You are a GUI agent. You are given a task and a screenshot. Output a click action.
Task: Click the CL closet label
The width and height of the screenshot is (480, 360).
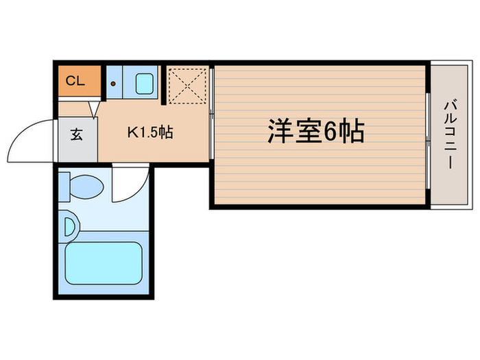click(75, 81)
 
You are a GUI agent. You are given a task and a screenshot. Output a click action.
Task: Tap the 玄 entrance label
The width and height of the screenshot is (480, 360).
click(77, 134)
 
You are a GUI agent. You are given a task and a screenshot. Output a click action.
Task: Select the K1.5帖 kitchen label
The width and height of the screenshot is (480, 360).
click(150, 132)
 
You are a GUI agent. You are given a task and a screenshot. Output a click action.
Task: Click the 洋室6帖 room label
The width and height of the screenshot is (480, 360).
click(316, 131)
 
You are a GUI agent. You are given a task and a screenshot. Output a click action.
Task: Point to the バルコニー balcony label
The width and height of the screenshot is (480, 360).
click(450, 135)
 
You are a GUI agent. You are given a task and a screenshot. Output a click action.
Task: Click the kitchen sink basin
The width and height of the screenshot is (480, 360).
click(145, 84)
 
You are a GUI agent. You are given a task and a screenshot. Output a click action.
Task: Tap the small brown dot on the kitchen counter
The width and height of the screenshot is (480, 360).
click(113, 84)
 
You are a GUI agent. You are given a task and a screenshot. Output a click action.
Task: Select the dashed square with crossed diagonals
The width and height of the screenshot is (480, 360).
click(187, 86)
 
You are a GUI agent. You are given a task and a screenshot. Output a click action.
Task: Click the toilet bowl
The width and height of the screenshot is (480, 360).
click(86, 187)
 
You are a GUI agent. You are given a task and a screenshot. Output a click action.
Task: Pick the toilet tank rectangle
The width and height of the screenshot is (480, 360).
click(64, 187)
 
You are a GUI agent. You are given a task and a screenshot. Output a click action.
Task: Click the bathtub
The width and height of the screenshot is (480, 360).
click(104, 263)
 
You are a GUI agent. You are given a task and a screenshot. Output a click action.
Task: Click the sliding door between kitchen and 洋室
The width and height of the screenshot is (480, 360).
click(211, 114)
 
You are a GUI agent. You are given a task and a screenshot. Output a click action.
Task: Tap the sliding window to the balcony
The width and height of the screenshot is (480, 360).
click(428, 141)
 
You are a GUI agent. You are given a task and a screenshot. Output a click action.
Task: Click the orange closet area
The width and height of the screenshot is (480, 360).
click(80, 81)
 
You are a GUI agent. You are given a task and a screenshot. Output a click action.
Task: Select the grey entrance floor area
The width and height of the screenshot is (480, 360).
click(77, 140)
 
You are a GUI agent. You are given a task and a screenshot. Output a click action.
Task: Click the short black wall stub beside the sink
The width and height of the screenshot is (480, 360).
click(164, 85)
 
